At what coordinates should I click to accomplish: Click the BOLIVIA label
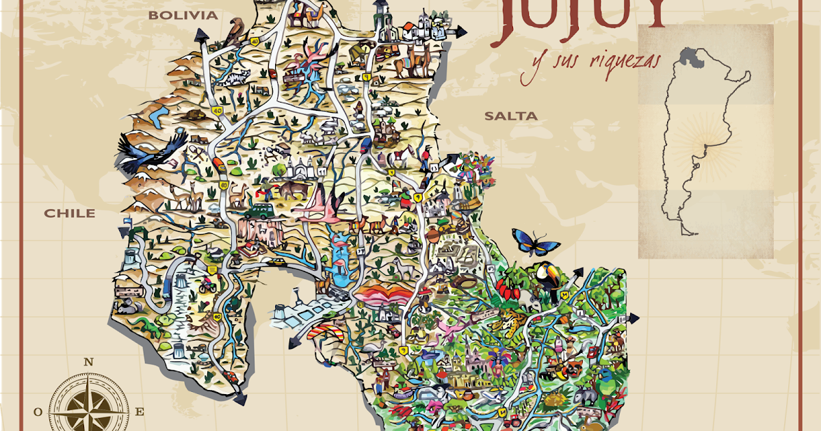pos(183,15)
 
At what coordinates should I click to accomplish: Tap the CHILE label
pos(70,213)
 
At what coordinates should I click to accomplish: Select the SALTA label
pos(511,116)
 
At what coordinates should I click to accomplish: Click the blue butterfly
pos(534,241)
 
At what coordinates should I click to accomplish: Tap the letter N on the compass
pos(88,363)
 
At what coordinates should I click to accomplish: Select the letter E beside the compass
pos(140,412)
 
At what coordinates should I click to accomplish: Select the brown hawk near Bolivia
pos(236,31)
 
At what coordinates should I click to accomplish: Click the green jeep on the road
pos(260,209)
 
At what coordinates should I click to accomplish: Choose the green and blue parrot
pos(605,377)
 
